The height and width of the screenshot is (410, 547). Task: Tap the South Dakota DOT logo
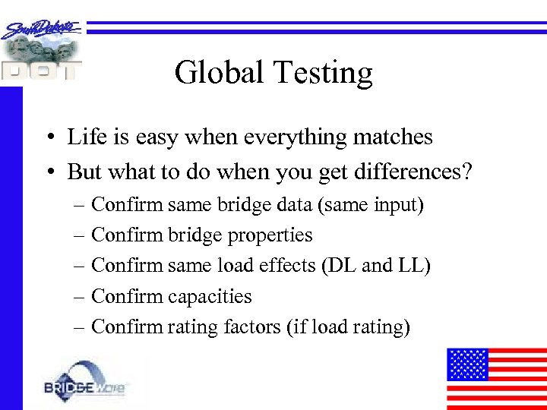pos(41,50)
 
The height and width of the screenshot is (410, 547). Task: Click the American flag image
pos(496,378)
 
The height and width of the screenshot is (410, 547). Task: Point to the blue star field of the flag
pos(466,364)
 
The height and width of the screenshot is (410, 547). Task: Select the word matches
pos(393,137)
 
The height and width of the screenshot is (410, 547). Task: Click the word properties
pos(271,236)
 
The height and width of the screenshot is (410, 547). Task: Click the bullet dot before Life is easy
pos(48,138)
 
